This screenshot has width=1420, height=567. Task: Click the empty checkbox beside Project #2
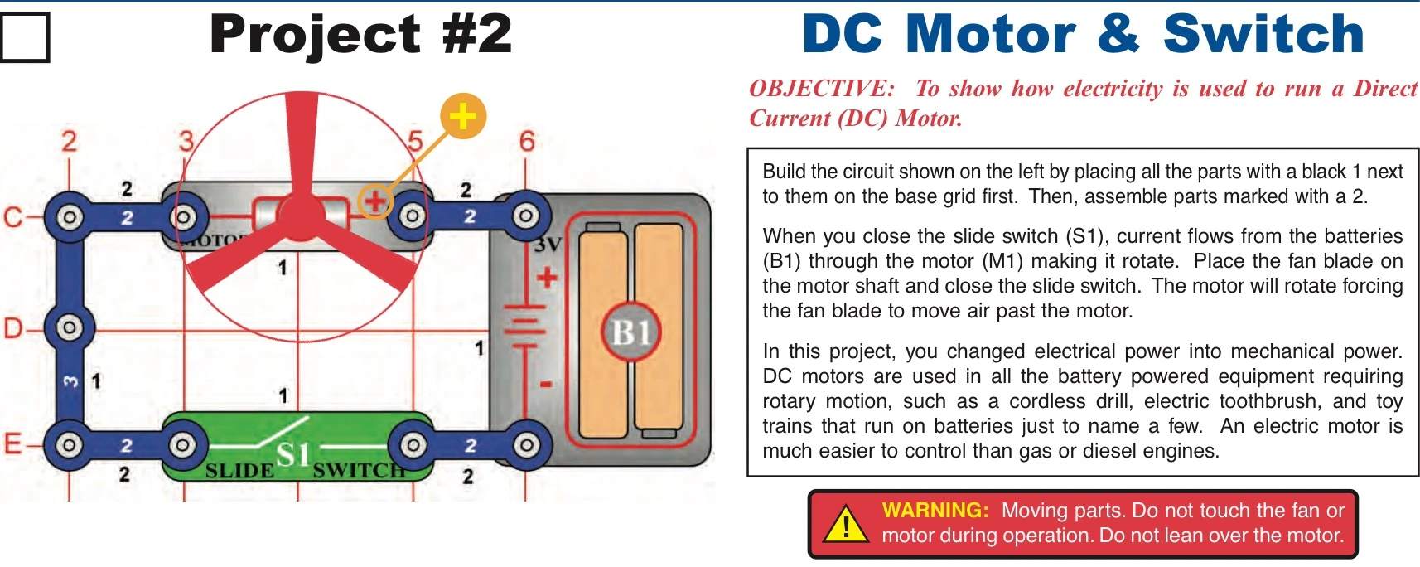coord(25,37)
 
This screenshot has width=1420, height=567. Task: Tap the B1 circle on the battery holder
coord(630,332)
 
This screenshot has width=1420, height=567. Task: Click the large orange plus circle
coord(462,116)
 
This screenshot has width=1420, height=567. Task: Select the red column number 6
coord(527,142)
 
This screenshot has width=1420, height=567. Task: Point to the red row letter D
coord(12,328)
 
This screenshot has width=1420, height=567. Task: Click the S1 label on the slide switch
coord(293,454)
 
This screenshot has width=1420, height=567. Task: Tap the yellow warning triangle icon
coord(846,525)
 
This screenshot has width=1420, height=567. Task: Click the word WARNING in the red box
coord(935,511)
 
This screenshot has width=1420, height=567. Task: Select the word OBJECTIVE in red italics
coord(821,89)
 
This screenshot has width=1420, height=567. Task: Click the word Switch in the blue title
coord(1263,35)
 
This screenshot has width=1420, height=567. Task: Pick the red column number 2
coord(69,142)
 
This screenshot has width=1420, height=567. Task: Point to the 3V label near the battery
coord(548,245)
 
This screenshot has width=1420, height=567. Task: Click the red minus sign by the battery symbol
coord(546,385)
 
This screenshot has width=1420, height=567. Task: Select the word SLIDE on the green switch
coord(239,471)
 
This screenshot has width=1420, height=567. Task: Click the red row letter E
coord(12,444)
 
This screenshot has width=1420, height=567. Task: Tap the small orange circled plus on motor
coord(374,200)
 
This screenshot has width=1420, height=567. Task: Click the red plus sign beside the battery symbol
coord(547,278)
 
